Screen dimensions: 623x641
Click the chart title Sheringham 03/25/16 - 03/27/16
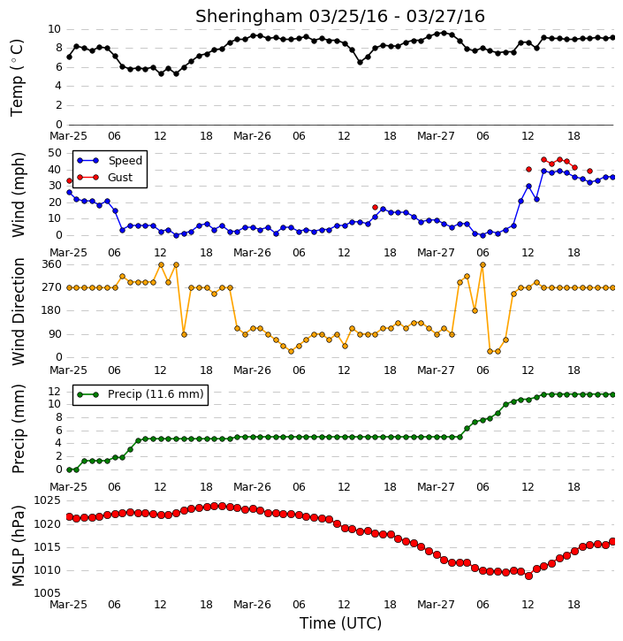point(340,16)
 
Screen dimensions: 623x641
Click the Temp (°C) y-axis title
point(17,78)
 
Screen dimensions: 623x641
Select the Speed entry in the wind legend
point(125,161)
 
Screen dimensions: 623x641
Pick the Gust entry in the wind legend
point(120,178)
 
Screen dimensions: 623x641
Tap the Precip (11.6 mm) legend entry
point(156,394)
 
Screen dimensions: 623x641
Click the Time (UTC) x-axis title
point(340,623)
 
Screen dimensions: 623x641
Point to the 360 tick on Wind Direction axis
point(52,264)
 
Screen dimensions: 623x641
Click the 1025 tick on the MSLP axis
point(48,500)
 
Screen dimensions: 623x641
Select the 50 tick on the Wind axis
point(55,153)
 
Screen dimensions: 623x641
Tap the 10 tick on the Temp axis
point(55,29)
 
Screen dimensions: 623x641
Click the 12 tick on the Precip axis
point(55,392)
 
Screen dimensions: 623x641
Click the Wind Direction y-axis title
point(19,311)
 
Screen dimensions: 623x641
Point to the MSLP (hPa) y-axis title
point(19,546)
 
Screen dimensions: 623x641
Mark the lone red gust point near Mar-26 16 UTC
point(375,207)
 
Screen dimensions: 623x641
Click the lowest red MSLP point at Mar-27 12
point(528,576)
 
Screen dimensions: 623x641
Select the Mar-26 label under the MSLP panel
point(252,604)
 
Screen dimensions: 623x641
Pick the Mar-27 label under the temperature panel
point(436,136)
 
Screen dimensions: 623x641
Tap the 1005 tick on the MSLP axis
point(48,593)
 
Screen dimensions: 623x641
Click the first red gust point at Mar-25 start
point(69,180)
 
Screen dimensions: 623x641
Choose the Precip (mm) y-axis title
point(19,429)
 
